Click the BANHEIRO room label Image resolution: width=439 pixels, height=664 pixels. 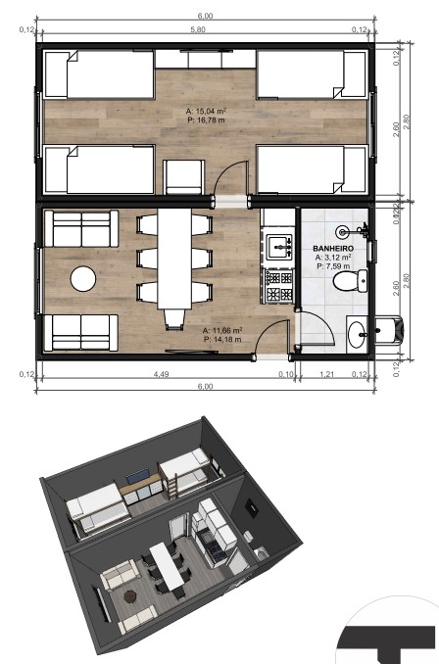click(333, 249)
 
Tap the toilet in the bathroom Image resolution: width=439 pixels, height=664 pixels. click(350, 281)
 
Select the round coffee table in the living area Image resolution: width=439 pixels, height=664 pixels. click(83, 279)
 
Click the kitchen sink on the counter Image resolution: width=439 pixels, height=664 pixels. click(278, 247)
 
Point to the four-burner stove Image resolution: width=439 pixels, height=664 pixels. click(278, 286)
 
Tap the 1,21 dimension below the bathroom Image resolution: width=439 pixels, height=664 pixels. click(326, 374)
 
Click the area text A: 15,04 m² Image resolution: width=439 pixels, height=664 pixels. click(206, 112)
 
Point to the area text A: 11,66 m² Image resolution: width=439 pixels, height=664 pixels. click(222, 330)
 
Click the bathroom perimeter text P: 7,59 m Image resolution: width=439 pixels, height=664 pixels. click(333, 266)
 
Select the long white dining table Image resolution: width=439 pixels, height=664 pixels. click(174, 259)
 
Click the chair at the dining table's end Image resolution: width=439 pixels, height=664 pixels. click(174, 319)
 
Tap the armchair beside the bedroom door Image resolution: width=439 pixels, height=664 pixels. click(184, 177)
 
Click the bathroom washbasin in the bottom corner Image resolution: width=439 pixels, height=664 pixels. click(357, 334)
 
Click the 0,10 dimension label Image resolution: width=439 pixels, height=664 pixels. click(285, 374)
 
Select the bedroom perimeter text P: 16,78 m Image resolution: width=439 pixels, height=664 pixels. click(206, 120)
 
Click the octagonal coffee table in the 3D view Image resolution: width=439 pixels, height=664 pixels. click(130, 596)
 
